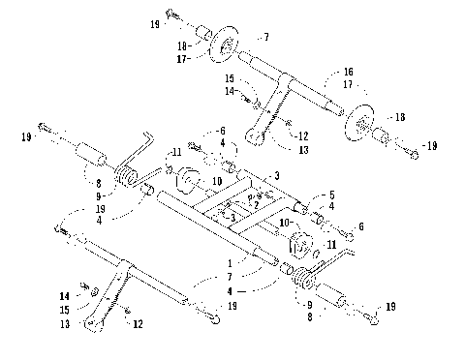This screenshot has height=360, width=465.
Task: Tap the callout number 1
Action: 230,262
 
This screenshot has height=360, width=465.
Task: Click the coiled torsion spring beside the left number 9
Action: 126,176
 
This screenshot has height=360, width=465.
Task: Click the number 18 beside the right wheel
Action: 399,117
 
